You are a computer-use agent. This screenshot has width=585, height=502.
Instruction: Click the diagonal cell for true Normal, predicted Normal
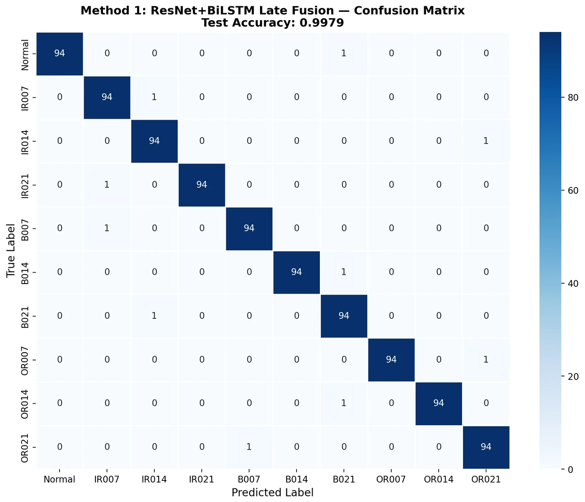pos(59,53)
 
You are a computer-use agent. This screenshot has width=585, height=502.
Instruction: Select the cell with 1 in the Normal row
pos(344,53)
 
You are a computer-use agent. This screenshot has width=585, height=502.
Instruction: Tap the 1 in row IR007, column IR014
pos(154,97)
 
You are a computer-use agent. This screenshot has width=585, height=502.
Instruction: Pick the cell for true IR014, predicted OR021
pos(486,141)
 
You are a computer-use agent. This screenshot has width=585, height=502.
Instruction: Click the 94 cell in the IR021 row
pos(202,185)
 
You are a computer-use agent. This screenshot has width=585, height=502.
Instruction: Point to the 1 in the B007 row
pos(107,228)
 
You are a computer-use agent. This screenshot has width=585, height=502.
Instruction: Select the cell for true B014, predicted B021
pos(344,272)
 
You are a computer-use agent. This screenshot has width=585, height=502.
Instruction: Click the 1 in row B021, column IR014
pos(154,316)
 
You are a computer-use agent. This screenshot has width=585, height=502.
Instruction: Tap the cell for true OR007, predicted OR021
pos(486,360)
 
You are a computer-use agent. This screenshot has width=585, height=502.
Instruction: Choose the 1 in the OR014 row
pos(344,403)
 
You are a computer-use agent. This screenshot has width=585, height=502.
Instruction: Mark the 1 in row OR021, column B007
pos(249,447)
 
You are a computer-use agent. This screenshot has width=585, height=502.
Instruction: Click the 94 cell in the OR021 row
pos(486,447)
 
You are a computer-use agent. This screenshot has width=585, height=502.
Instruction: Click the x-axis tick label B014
pos(296,480)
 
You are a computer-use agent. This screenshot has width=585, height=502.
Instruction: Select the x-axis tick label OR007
pos(391,480)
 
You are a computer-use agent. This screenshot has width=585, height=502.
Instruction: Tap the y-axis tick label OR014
pos(25,404)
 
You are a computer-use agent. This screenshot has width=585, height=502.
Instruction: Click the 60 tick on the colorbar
pos(573,190)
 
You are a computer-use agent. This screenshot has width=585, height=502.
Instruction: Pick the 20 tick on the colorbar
pos(573,377)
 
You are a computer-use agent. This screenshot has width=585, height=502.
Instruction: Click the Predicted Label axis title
pos(272,493)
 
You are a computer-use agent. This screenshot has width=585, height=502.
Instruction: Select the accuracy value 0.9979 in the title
pos(322,23)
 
